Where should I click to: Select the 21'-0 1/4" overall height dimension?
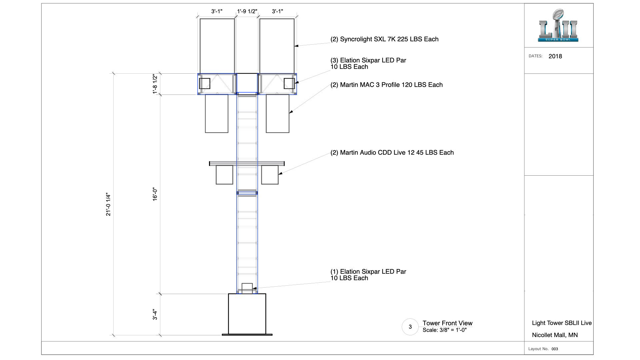point(108,204)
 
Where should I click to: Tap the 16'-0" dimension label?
point(155,194)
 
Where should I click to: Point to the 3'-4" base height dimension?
point(155,315)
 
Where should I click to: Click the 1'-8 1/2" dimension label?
point(155,84)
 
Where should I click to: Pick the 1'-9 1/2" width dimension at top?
point(247,11)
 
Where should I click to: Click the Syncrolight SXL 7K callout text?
point(384,39)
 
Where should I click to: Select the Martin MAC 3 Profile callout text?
point(387,85)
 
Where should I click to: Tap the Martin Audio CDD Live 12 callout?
point(392,152)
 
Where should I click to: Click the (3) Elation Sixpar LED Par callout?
point(368,63)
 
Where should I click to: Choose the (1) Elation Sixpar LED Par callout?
point(368,275)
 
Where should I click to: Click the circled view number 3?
point(410,327)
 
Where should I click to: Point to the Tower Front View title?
point(447,323)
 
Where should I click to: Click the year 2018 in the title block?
point(555,56)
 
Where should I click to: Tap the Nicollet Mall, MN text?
point(555,335)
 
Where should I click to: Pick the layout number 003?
point(555,349)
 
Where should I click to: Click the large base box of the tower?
point(247,314)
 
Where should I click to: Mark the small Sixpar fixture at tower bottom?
point(247,288)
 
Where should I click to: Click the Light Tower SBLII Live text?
point(562,323)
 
